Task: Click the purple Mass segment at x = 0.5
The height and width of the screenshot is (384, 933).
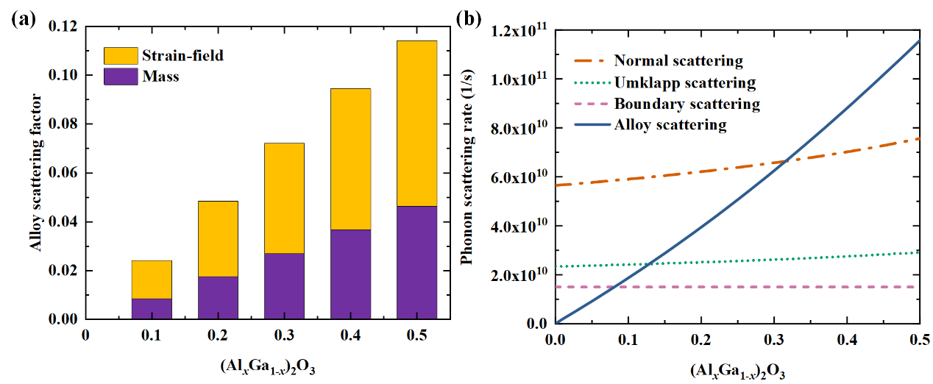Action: [x=416, y=263]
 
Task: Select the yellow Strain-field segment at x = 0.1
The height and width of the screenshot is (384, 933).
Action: [x=152, y=280]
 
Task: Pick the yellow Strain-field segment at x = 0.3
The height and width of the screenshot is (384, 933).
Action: [x=284, y=198]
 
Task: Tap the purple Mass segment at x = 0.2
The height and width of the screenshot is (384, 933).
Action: [x=218, y=297]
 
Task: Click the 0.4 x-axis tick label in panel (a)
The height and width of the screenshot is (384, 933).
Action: [x=350, y=335]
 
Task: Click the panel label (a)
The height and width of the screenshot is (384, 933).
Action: [x=23, y=20]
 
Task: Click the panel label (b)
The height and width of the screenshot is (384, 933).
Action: [x=469, y=20]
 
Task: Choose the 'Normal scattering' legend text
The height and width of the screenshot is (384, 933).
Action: [x=678, y=60]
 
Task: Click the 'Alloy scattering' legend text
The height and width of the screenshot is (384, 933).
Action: [x=670, y=125]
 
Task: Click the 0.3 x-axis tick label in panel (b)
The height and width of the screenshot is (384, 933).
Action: [x=773, y=338]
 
